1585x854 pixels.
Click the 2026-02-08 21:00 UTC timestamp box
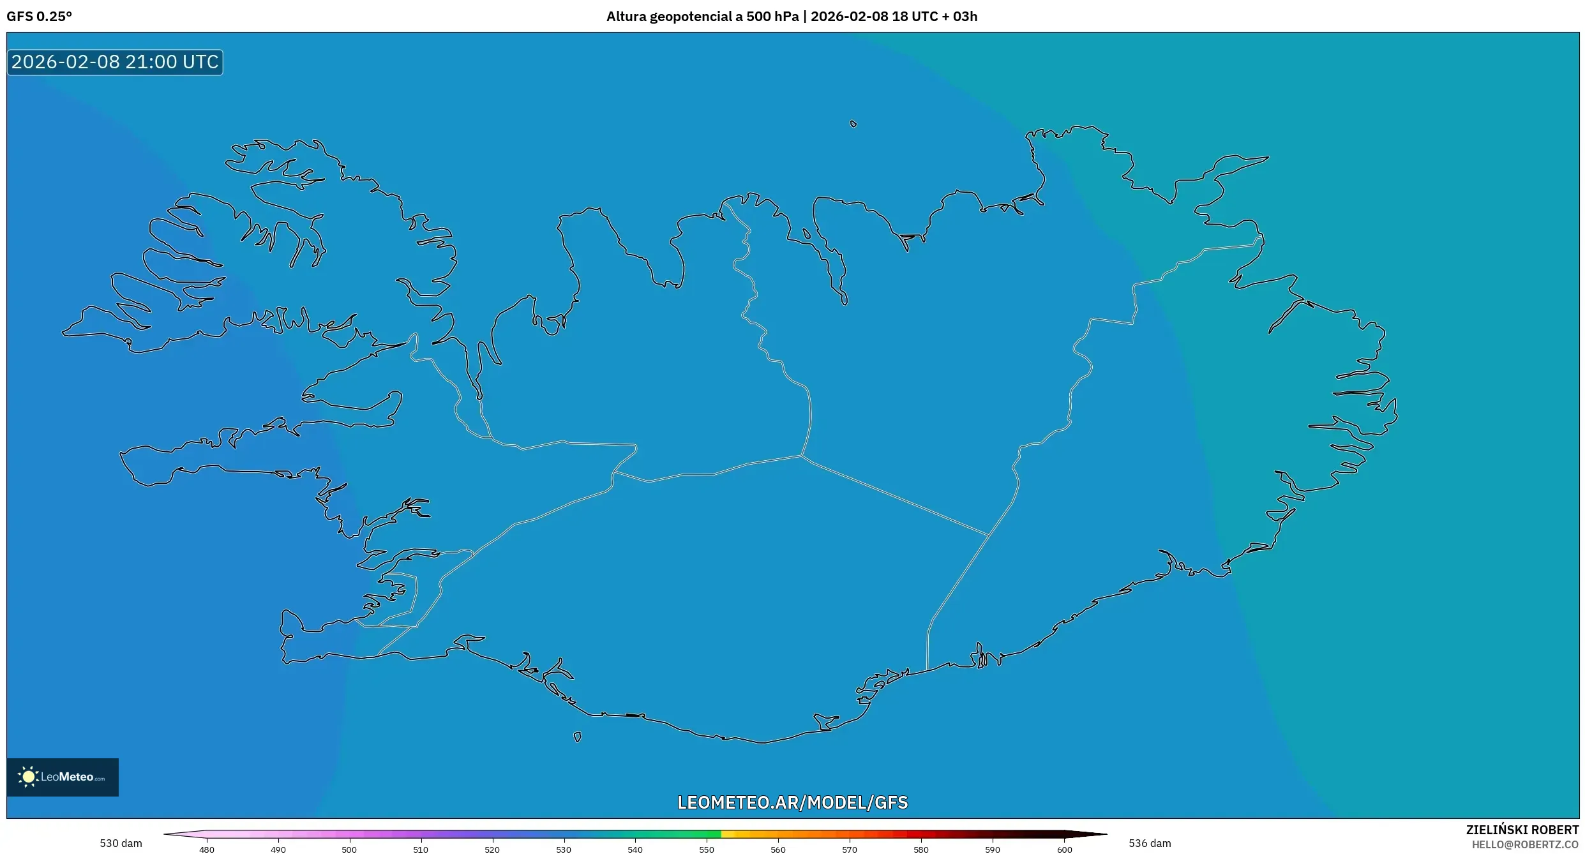coord(115,62)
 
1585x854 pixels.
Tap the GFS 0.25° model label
coord(39,17)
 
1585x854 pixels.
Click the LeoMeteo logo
coord(63,777)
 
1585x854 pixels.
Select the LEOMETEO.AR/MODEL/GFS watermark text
coord(792,802)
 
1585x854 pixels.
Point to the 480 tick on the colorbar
coord(207,850)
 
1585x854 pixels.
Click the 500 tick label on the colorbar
coord(349,850)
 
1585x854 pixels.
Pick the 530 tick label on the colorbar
coord(564,850)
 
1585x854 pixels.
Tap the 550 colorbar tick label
coord(707,850)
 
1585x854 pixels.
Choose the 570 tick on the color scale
coord(850,850)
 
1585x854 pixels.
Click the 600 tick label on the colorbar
coord(1064,850)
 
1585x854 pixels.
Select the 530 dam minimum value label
coord(121,843)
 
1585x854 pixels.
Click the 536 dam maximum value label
coord(1150,843)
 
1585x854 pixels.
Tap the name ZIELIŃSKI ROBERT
coord(1522,830)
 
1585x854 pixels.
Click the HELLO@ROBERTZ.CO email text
coord(1525,844)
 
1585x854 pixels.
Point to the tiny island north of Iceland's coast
coord(853,124)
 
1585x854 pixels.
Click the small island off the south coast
coord(578,737)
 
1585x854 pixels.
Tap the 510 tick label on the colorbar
coord(421,850)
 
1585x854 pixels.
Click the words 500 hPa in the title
coord(772,17)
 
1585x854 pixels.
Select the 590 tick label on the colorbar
coord(993,850)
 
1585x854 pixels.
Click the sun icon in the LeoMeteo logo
coord(28,777)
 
